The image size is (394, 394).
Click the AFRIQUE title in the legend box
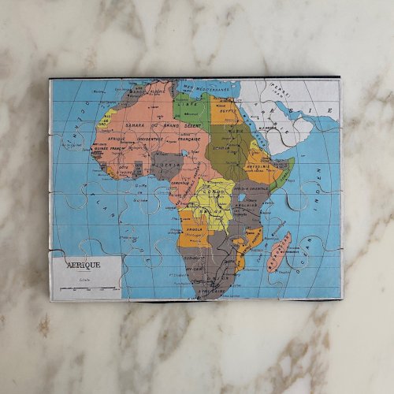pyautogui.click(x=84, y=266)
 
